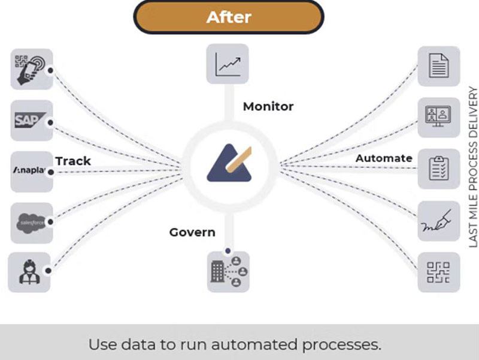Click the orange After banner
tap(228, 17)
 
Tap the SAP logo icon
tap(32, 121)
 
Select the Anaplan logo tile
tap(32, 172)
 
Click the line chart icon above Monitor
tap(228, 64)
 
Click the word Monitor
tap(268, 107)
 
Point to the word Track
tap(73, 161)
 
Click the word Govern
tap(192, 232)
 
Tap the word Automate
tap(384, 158)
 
